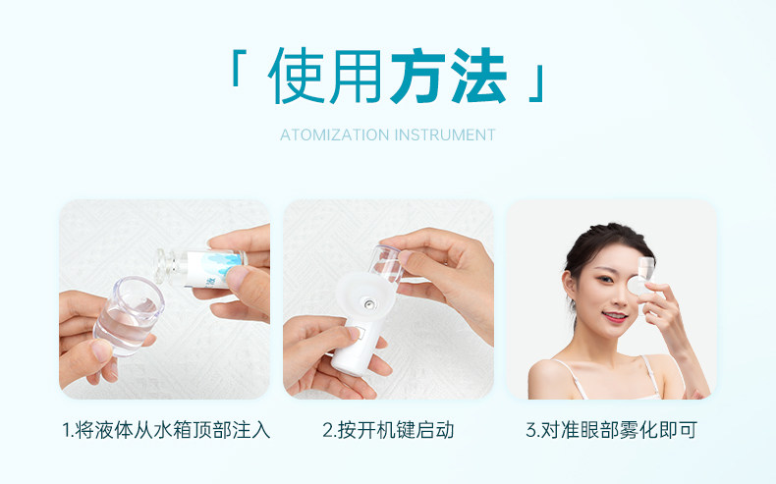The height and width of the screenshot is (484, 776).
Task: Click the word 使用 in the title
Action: (324, 76)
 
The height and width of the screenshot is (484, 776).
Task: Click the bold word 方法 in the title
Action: (449, 76)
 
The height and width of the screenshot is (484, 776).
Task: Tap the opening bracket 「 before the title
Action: (239, 67)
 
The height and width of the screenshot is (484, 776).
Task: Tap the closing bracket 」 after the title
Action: (536, 83)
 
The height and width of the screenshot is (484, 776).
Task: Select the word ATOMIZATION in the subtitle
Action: (335, 134)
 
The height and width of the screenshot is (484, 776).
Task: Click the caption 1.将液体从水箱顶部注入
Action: (166, 430)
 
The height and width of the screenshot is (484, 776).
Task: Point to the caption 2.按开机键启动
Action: (388, 430)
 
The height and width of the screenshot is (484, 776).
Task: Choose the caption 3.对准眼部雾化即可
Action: (611, 430)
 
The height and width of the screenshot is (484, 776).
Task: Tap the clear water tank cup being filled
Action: (129, 315)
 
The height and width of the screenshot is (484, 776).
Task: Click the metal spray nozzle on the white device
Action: (368, 303)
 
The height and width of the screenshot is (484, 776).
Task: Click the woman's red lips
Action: (615, 316)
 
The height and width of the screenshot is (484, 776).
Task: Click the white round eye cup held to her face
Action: (637, 286)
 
